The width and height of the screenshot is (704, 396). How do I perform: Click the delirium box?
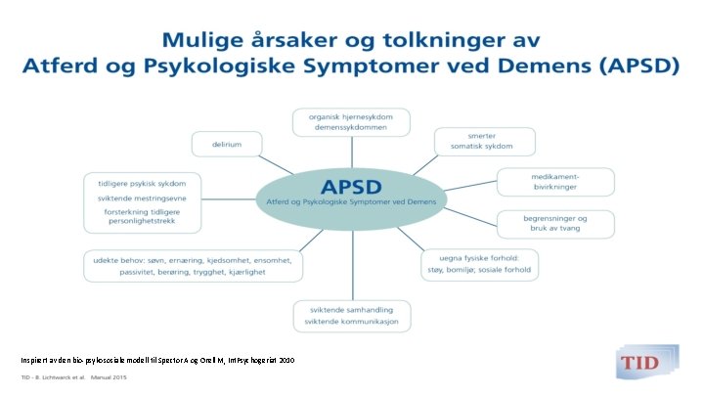click(x=224, y=144)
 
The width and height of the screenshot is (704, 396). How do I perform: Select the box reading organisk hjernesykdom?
click(x=351, y=122)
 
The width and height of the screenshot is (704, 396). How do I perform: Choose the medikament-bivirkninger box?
click(x=555, y=182)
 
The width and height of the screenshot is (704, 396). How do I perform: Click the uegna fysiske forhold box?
click(x=480, y=264)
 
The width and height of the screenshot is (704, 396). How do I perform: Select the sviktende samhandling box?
click(x=351, y=316)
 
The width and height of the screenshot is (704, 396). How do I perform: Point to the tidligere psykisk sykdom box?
click(x=142, y=201)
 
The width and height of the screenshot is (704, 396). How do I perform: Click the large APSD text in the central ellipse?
click(x=352, y=185)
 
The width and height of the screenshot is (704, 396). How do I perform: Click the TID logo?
click(x=641, y=362)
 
